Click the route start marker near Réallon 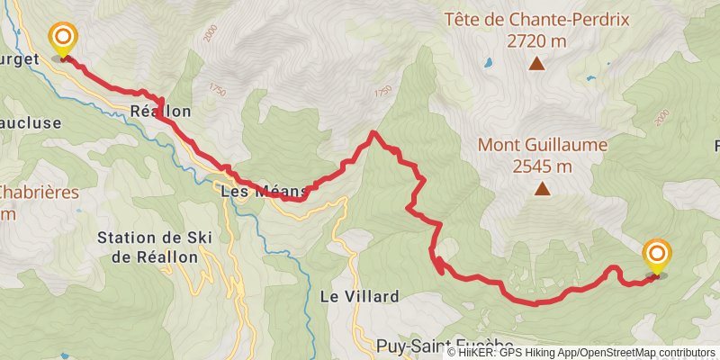[x=64, y=39]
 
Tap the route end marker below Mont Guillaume [x=657, y=254]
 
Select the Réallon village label [x=160, y=112]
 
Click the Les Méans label [x=265, y=191]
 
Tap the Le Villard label [x=359, y=296]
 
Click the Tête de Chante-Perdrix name [x=536, y=19]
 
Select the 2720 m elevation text [x=536, y=40]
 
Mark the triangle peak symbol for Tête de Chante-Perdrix [x=536, y=63]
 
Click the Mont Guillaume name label [x=542, y=145]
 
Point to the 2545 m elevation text [x=542, y=166]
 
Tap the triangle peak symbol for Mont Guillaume [x=542, y=188]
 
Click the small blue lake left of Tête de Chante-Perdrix [x=487, y=64]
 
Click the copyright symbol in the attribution [x=453, y=353]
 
